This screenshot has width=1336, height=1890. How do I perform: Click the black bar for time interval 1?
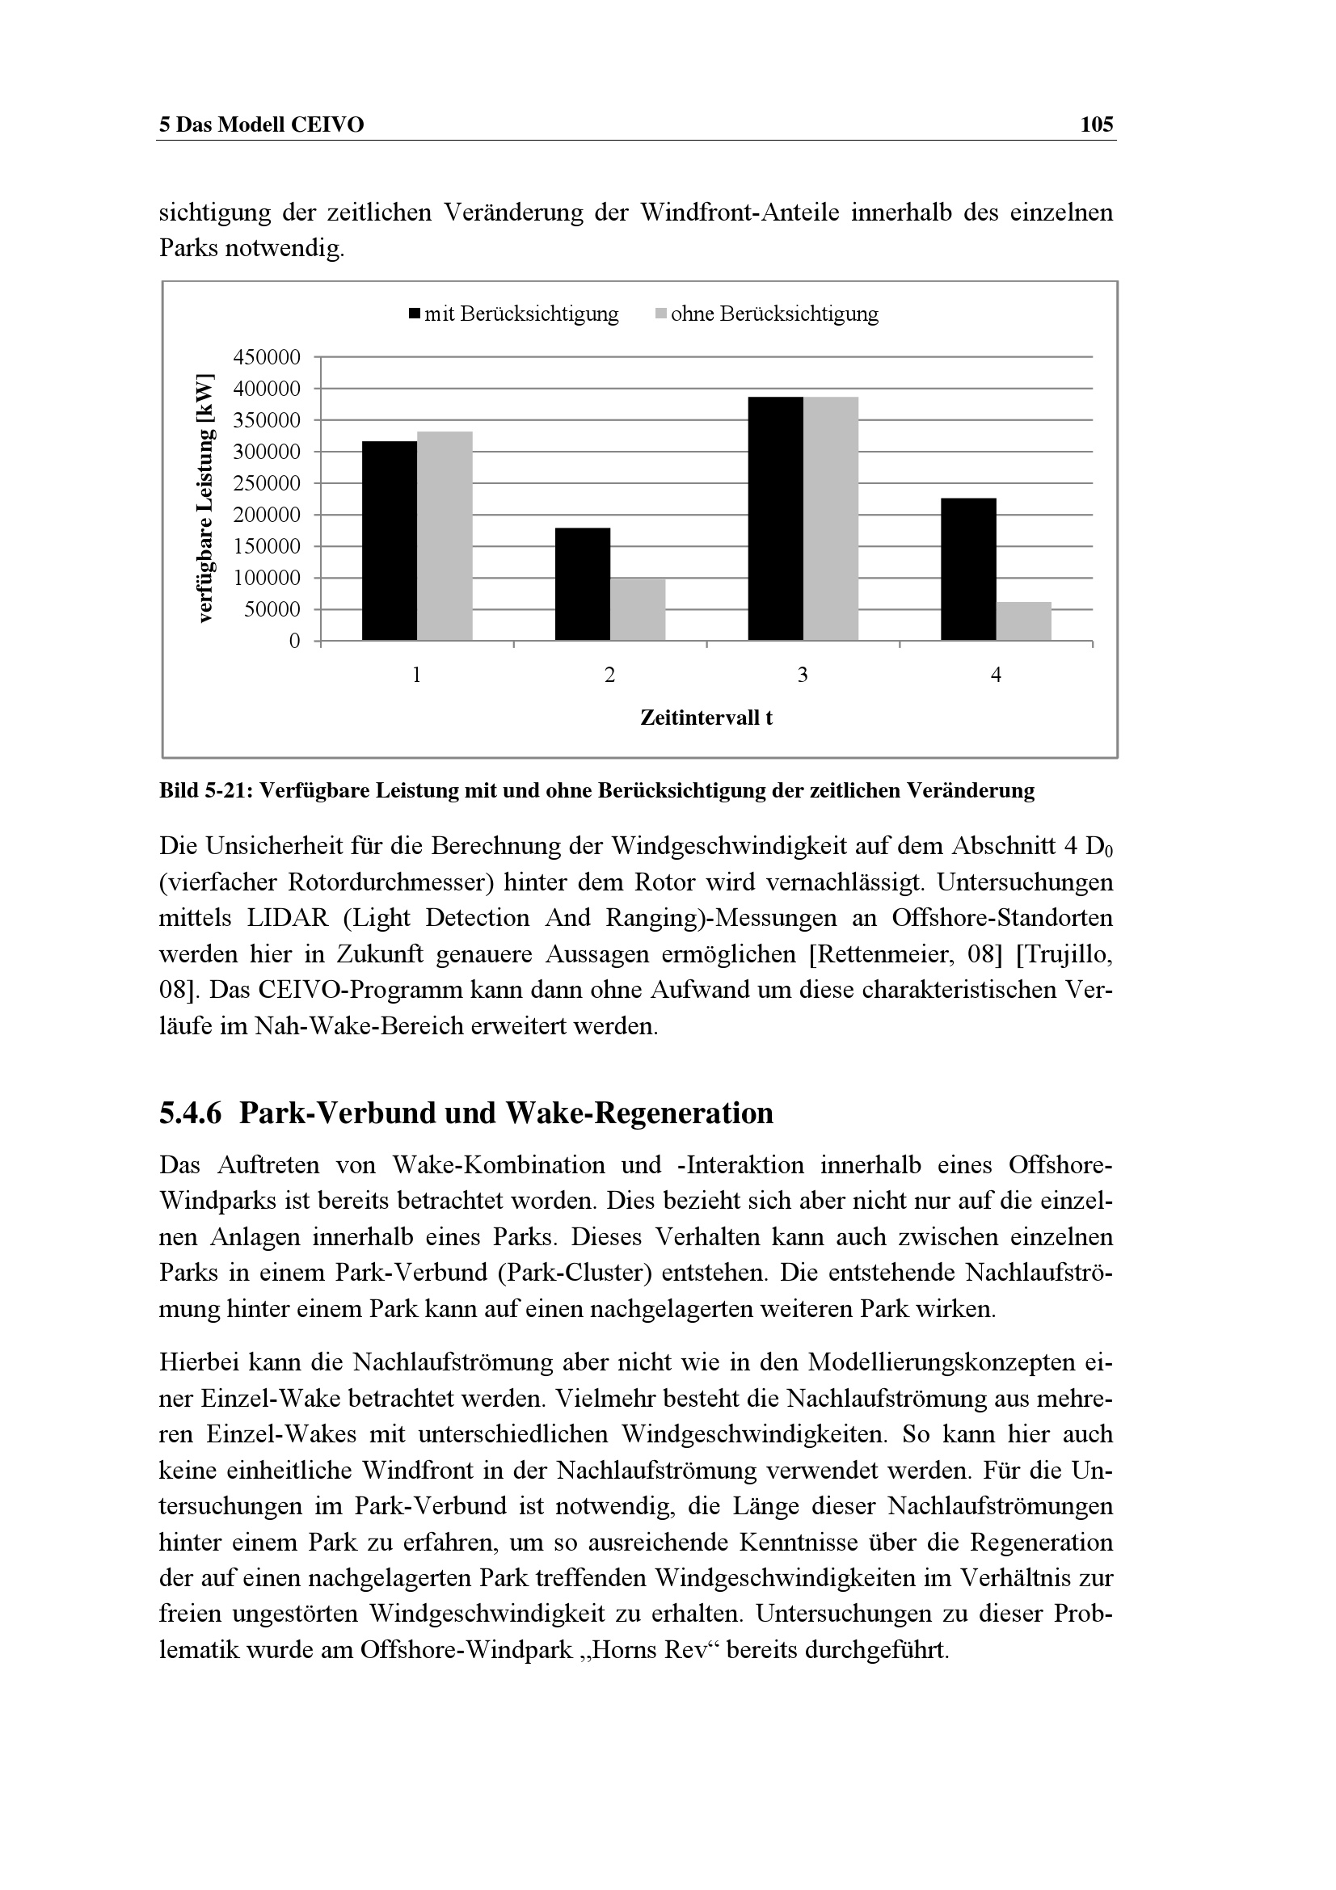[390, 541]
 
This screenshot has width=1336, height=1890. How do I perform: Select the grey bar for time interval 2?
[638, 609]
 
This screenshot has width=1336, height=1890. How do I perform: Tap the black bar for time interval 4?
[968, 569]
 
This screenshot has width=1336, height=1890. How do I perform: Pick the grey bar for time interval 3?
[831, 519]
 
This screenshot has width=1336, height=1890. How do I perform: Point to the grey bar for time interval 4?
[1023, 621]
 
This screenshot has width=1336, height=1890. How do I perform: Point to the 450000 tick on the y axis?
[268, 357]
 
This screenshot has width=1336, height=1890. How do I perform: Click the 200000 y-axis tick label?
[268, 516]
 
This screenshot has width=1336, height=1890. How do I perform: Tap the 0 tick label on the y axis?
[295, 642]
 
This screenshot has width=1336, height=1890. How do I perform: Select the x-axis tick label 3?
[803, 676]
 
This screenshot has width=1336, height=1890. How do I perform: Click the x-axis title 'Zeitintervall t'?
[706, 718]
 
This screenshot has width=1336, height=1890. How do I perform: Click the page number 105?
[1097, 125]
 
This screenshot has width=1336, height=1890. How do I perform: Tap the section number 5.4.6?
[190, 1113]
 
